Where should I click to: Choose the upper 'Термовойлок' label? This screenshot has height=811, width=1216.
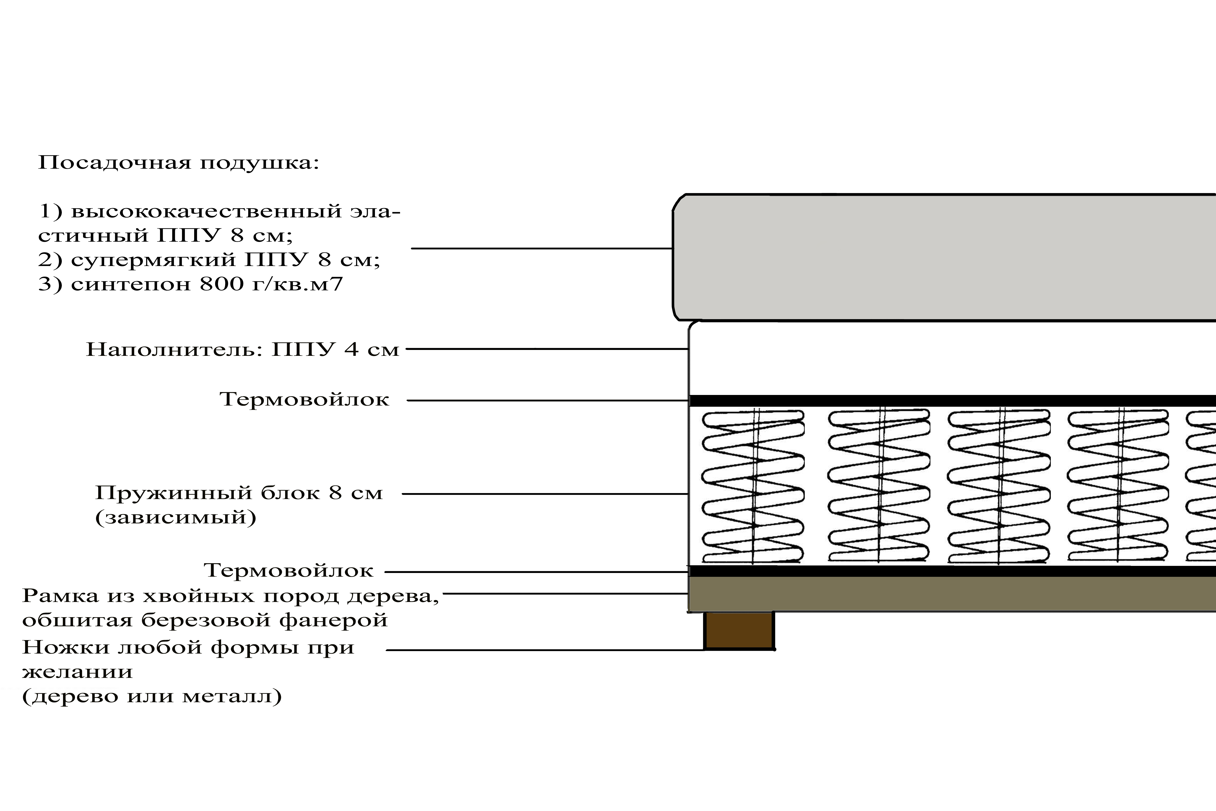305,399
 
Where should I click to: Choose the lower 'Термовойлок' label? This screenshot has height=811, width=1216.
288,571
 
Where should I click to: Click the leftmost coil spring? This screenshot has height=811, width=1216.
753,486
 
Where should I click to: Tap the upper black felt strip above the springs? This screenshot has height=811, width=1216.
952,400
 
